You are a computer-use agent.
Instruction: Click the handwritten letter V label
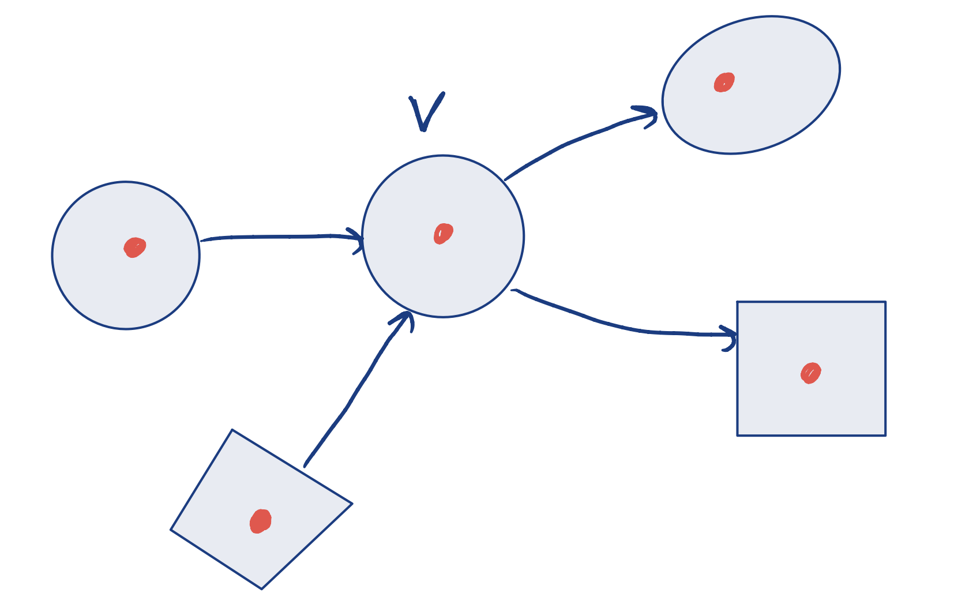(x=426, y=111)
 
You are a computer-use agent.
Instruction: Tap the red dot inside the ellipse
(x=724, y=82)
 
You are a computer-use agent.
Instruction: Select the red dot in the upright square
(x=810, y=373)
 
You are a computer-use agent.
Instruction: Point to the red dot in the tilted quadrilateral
(x=260, y=521)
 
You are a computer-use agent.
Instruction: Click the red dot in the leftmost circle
(x=134, y=247)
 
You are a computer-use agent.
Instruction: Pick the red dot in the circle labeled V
(x=443, y=234)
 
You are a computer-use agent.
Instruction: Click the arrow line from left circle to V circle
(x=277, y=237)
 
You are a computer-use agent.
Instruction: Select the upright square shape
(x=836, y=404)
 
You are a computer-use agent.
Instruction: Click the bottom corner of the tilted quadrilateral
(x=261, y=588)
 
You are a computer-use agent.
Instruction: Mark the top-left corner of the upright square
(x=738, y=302)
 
